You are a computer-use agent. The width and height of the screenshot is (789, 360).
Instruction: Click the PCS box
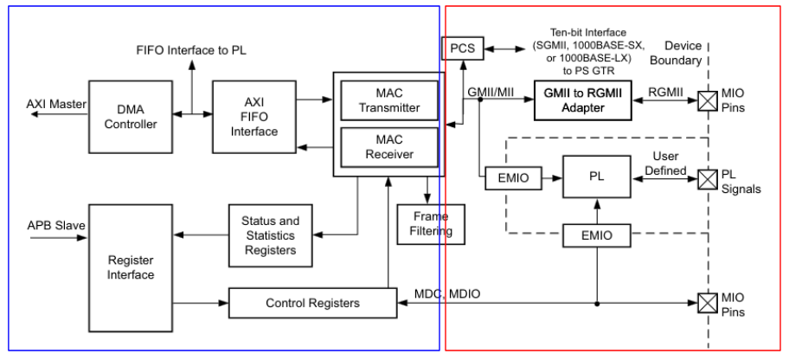pyautogui.click(x=463, y=48)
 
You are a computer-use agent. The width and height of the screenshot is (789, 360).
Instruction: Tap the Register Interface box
pyautogui.click(x=130, y=267)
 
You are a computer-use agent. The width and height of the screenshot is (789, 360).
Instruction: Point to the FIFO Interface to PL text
pyautogui.click(x=191, y=49)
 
